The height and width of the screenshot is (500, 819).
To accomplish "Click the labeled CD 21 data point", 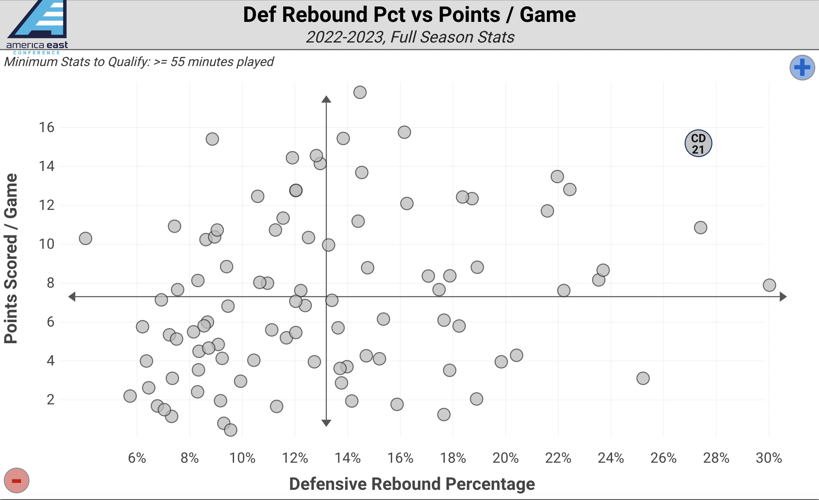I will tap(698, 143).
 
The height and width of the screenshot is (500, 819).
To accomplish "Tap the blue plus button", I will tap(802, 68).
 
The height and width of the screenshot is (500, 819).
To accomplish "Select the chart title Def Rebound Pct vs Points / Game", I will tap(409, 15).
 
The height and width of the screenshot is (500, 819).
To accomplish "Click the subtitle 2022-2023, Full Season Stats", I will tap(410, 37).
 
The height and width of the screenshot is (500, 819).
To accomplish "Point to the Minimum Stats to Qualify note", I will tap(139, 62).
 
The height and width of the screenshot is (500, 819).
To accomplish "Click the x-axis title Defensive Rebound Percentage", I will tap(412, 484).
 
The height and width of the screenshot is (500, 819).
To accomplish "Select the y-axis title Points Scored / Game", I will tap(11, 259).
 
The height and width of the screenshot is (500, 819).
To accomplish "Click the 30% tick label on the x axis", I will tap(768, 458).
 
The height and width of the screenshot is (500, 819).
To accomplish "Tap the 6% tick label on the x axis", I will tap(137, 458).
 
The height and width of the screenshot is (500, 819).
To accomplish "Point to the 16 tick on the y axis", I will tap(47, 128).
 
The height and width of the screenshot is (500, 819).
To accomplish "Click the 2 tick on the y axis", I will tap(51, 400).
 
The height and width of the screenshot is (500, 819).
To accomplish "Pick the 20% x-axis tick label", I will tap(505, 458).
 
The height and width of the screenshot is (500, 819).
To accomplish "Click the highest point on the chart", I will tap(360, 92).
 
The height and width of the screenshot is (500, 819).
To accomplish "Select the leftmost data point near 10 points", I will tap(85, 238).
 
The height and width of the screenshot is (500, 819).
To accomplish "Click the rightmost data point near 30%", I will tap(769, 285).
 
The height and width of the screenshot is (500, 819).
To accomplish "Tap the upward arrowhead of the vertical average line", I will tap(326, 99).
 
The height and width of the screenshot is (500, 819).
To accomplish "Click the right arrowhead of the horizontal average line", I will tap(783, 297).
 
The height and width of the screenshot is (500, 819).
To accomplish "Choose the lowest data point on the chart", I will tap(230, 429).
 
